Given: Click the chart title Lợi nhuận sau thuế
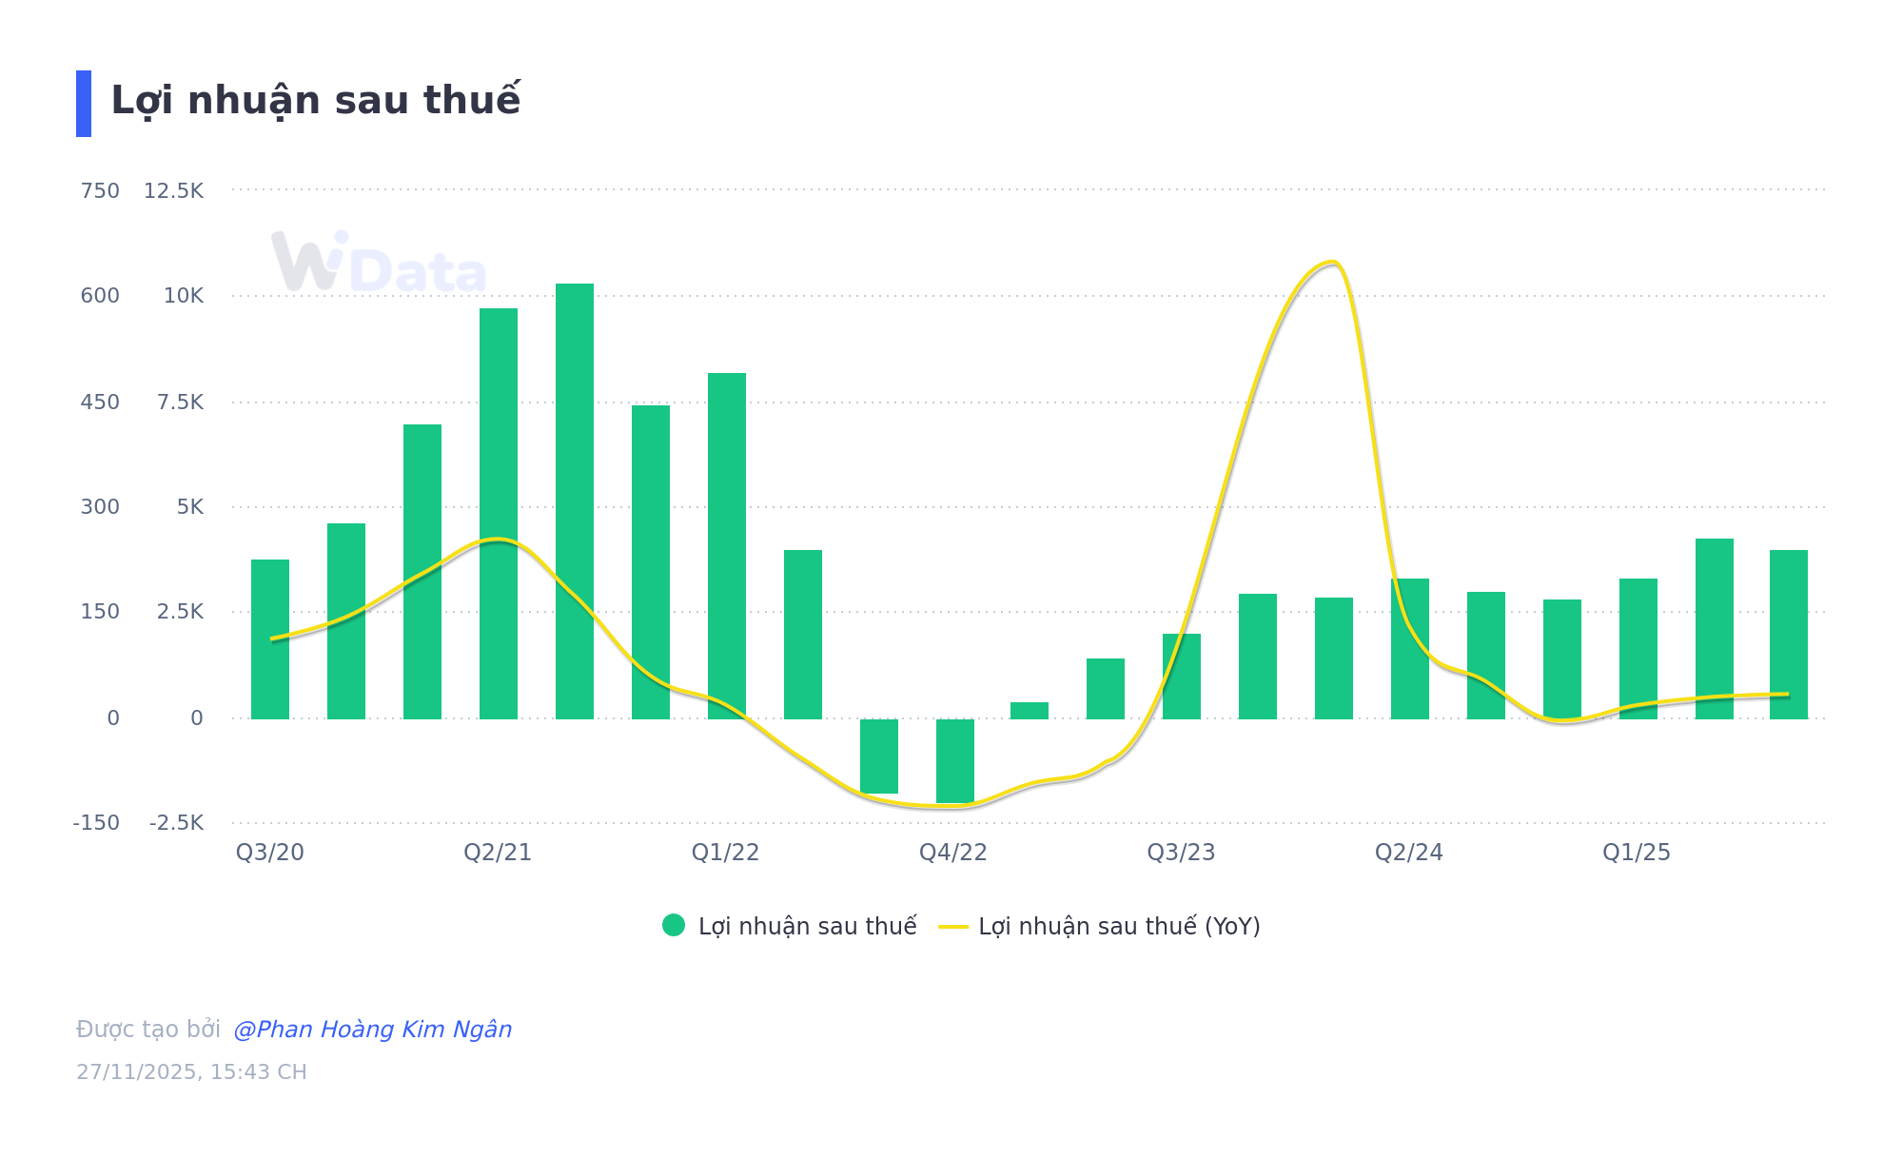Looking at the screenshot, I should tap(315, 101).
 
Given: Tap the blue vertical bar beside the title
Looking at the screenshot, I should tap(84, 104).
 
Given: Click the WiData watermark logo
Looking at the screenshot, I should tap(379, 263).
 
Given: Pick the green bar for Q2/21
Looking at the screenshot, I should tap(499, 514).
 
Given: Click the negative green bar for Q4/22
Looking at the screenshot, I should tap(955, 761).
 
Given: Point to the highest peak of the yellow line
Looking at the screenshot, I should tap(1332, 263).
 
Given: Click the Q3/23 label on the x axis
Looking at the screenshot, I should tap(1181, 853).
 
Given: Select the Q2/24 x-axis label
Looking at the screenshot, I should tap(1408, 853).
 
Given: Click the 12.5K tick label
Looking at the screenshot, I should tap(173, 191).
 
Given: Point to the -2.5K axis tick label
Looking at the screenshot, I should tap(176, 823).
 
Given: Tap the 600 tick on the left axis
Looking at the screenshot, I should tap(100, 296).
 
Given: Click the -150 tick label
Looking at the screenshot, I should tap(96, 823).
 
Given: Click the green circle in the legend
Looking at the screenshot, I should tap(674, 925).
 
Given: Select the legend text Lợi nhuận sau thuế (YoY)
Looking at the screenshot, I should tap(1119, 926).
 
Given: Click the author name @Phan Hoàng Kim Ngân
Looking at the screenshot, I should tap(372, 1030).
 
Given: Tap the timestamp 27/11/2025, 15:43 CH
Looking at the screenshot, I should tap(191, 1072).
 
